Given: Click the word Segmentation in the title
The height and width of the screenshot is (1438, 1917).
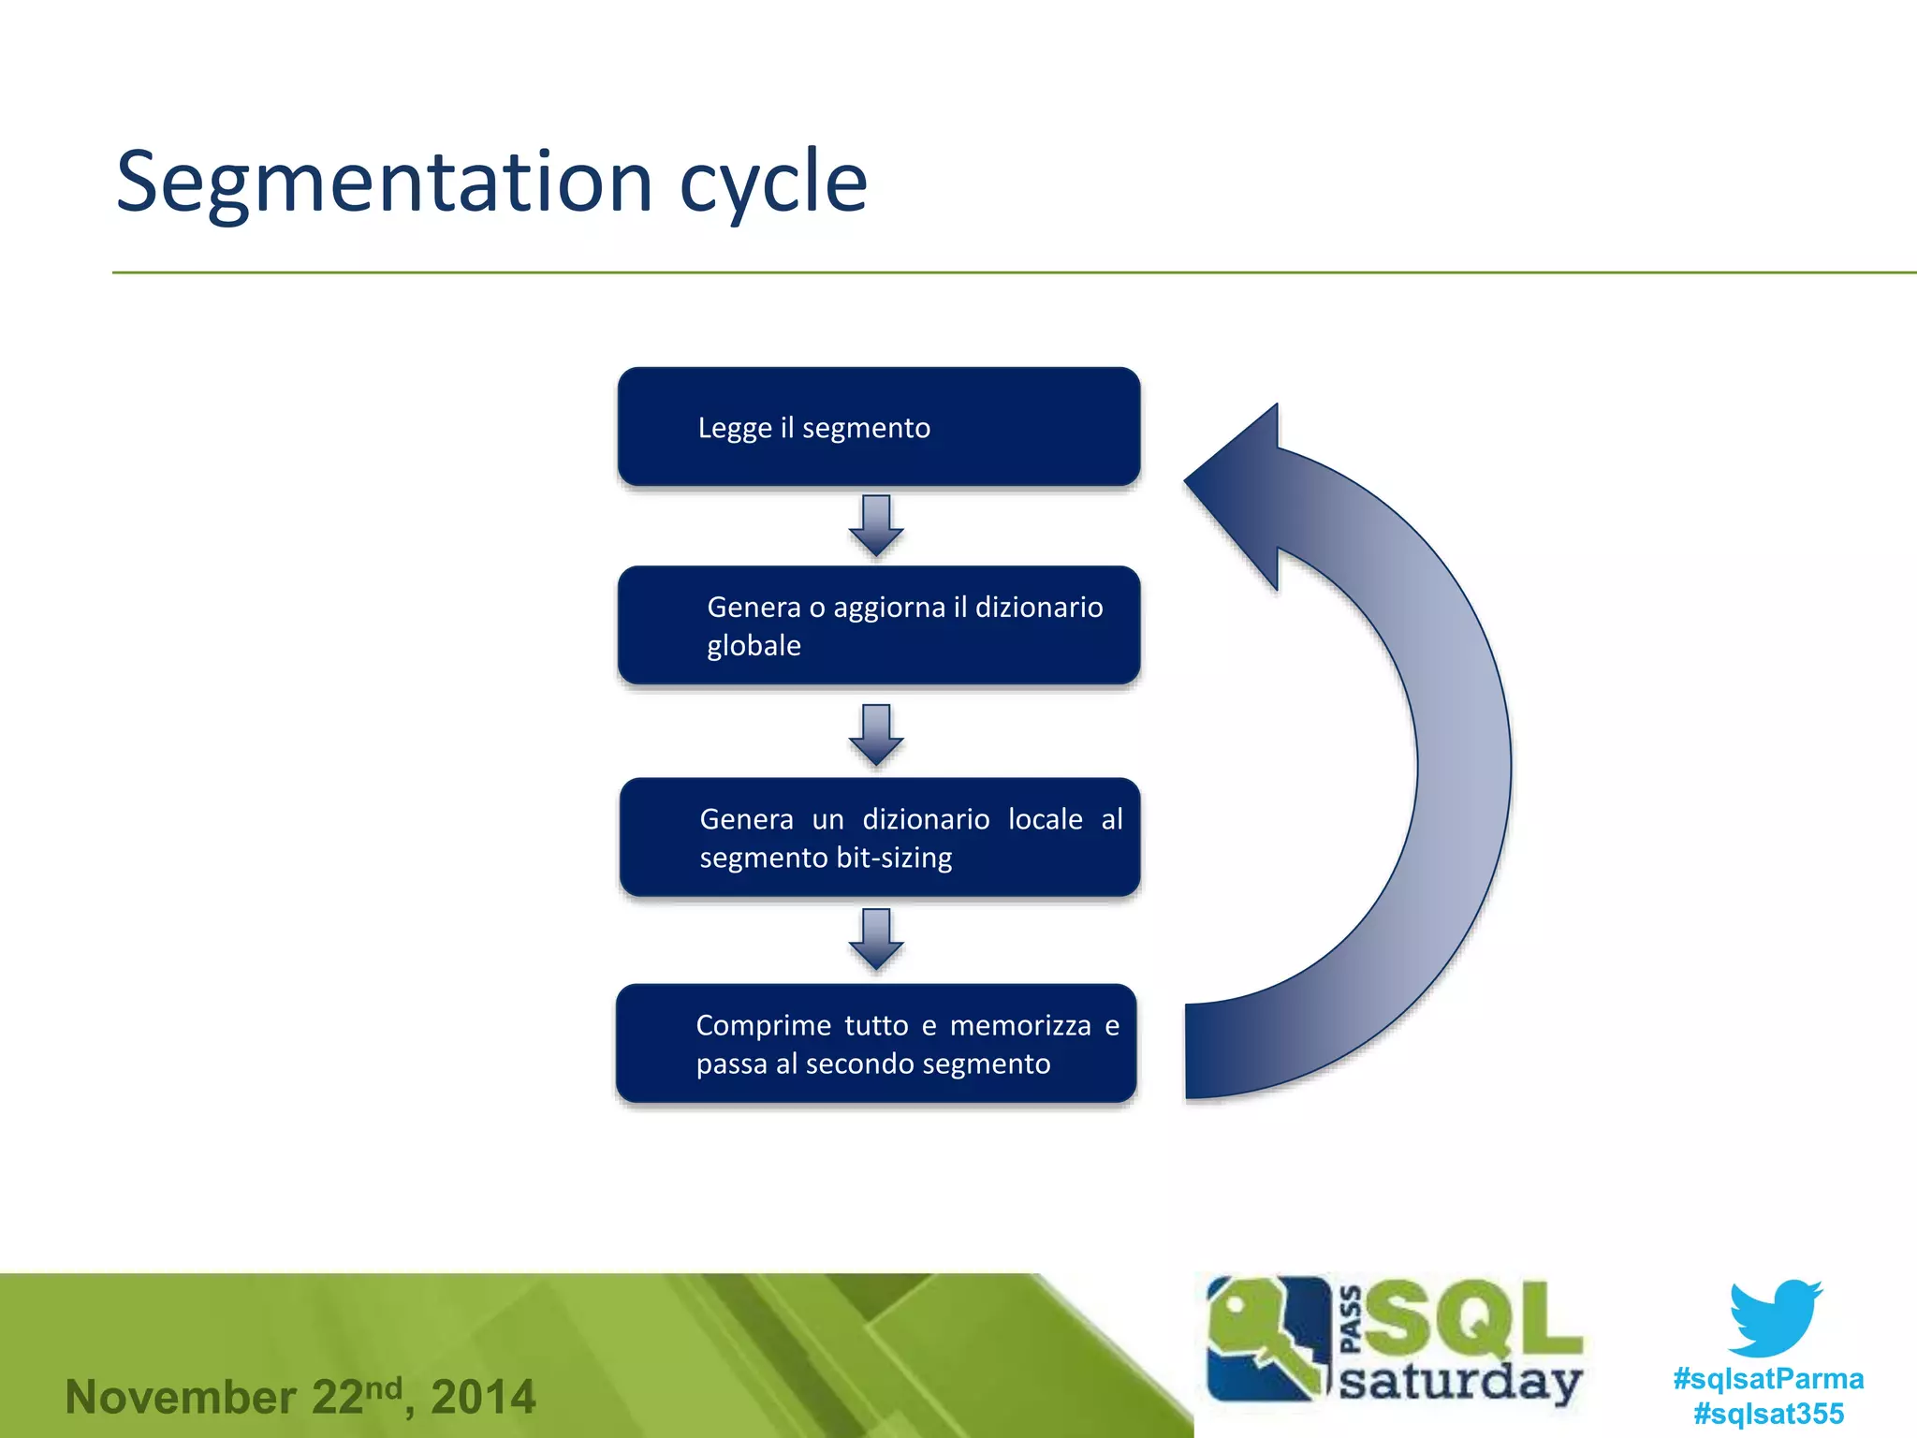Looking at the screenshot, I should pos(384,183).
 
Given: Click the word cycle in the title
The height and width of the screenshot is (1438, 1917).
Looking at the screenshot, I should pos(773,183).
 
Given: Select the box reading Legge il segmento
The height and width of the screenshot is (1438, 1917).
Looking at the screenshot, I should pos(878,427).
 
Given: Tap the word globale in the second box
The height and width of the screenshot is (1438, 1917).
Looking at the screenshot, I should pos(754,646).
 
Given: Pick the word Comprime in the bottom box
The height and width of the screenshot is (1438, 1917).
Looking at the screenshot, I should pos(763,1025).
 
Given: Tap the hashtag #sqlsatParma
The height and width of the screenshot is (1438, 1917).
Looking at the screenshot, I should pos(1768,1378).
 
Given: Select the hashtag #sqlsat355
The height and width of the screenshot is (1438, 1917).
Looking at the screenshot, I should pos(1768,1413).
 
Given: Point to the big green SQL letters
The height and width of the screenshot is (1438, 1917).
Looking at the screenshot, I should pos(1474,1320).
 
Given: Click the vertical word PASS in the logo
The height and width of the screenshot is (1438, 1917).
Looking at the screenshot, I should pos(1351,1320).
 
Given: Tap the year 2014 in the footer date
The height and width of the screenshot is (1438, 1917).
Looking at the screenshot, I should pos(483,1397).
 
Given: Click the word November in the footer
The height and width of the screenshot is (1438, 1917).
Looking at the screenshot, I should pos(181,1397).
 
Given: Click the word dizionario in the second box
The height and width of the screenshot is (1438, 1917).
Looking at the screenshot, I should pos(1039,608).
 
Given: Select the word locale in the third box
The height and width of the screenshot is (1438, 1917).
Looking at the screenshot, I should pos(1045,819).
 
